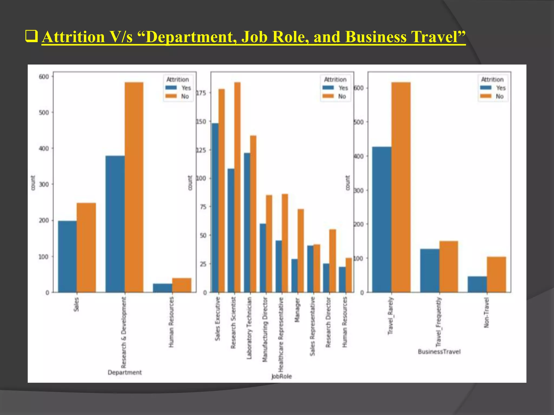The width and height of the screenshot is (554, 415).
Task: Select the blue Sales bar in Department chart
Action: (67, 256)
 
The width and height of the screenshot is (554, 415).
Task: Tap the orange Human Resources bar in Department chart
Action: (182, 285)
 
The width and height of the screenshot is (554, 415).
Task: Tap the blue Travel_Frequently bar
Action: (430, 270)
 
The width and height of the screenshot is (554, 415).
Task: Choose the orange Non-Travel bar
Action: (496, 274)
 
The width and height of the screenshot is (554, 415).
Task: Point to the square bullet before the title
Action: (31, 36)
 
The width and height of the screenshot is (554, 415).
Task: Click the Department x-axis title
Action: (125, 372)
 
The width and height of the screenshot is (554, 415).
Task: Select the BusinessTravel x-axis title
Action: (439, 352)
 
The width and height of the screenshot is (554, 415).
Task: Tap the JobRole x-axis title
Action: (282, 376)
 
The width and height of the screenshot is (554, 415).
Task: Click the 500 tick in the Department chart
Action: (44, 112)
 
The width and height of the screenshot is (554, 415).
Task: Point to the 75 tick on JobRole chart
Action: (203, 207)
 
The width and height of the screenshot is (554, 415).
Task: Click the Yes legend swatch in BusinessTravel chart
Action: (486, 88)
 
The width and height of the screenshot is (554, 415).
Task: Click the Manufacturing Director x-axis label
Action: (265, 329)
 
